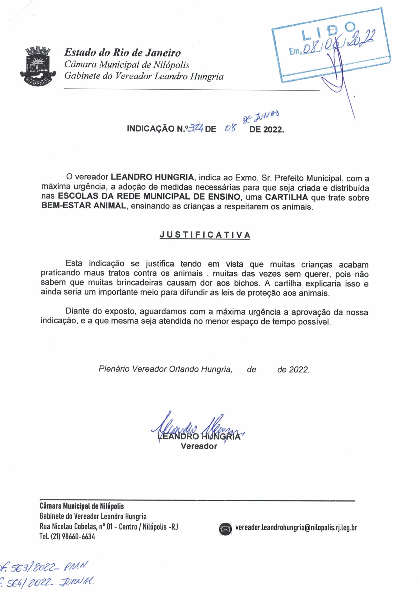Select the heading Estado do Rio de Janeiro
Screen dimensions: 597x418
tap(122, 53)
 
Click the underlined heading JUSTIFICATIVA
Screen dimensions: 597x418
tap(205, 235)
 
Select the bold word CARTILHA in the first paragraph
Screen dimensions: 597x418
tap(286, 197)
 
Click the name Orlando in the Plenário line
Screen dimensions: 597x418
tap(184, 369)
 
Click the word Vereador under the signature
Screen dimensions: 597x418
tap(199, 446)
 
